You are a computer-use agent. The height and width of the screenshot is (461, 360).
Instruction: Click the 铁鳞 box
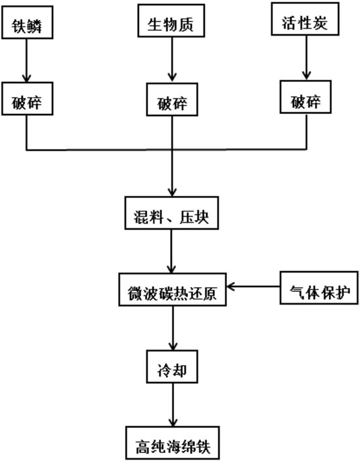(28, 22)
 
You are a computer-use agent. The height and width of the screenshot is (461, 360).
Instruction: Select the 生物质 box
(171, 21)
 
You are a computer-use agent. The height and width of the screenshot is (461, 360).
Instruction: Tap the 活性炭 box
(305, 19)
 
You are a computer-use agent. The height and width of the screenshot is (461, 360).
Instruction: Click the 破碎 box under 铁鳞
(28, 99)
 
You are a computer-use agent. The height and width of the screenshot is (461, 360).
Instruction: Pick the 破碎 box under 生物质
(172, 99)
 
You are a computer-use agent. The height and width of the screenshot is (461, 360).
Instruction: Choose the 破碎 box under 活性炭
(306, 97)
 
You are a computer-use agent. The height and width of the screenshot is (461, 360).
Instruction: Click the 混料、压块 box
(172, 213)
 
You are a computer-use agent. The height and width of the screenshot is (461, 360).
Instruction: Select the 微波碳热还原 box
(173, 290)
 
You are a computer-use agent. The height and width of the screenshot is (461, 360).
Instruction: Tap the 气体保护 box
(319, 287)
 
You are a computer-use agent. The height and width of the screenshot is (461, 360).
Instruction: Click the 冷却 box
(172, 366)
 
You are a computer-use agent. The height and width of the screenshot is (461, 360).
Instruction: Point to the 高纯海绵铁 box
(173, 443)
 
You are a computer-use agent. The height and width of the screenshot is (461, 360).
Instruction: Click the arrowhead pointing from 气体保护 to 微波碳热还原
(230, 287)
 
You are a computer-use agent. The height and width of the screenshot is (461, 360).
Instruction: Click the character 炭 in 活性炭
(320, 23)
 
